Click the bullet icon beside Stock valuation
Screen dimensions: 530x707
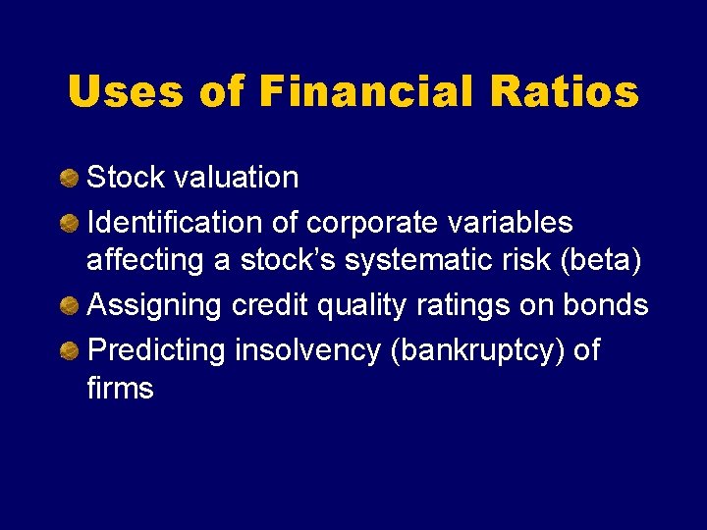70,178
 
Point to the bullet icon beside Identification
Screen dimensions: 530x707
70,224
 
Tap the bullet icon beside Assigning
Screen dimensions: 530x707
70,306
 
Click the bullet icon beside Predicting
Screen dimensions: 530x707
70,350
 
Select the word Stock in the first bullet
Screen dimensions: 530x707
125,178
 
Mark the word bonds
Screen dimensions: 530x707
606,305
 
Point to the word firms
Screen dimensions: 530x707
120,389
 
